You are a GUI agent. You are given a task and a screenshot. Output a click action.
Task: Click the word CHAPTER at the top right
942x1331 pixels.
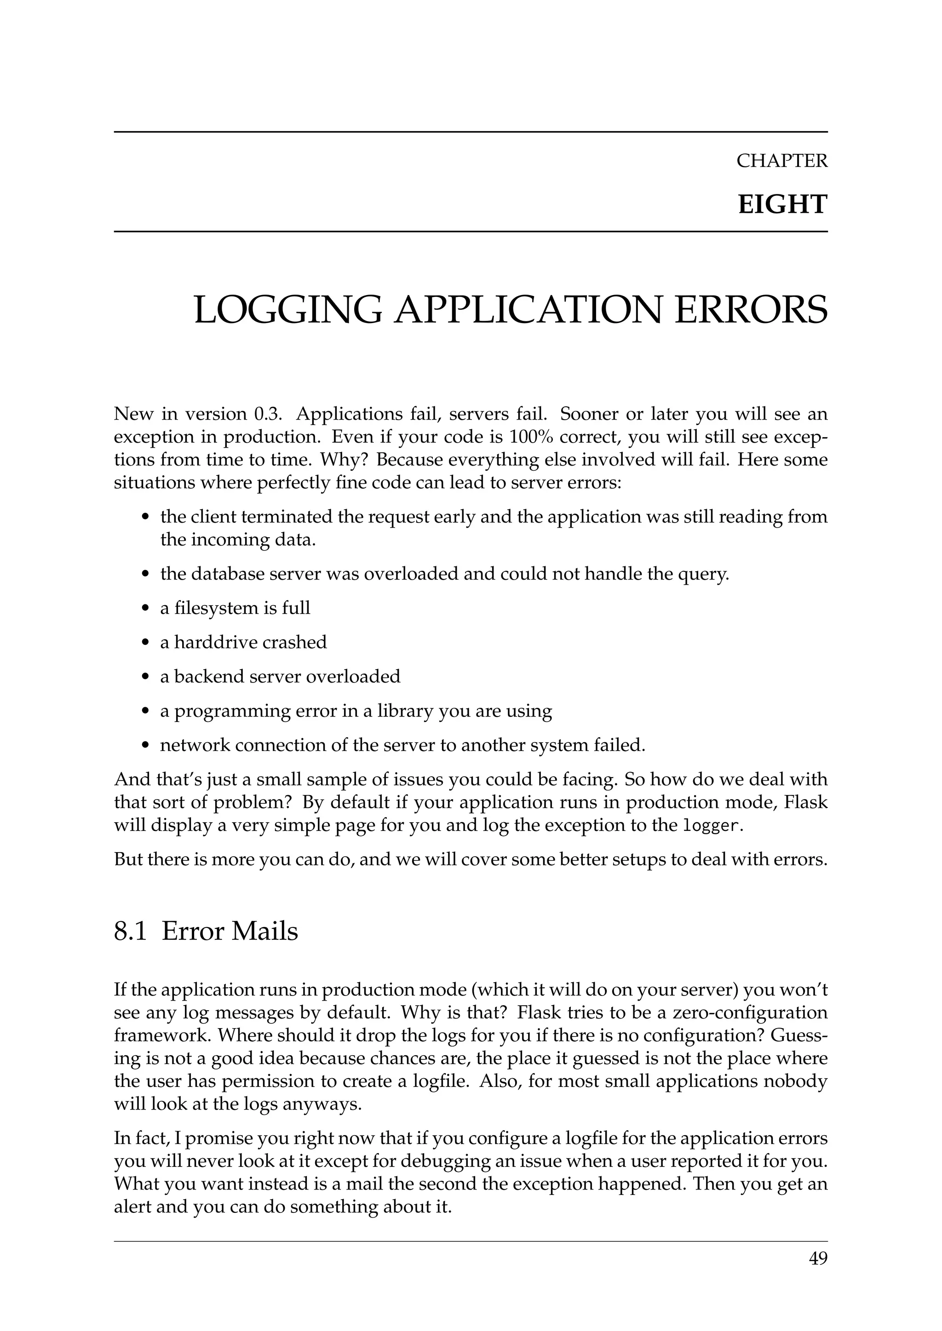pos(781,160)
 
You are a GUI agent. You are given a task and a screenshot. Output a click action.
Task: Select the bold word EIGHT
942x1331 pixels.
pos(782,205)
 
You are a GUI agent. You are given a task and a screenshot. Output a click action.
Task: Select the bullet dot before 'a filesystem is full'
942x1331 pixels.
pos(146,609)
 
